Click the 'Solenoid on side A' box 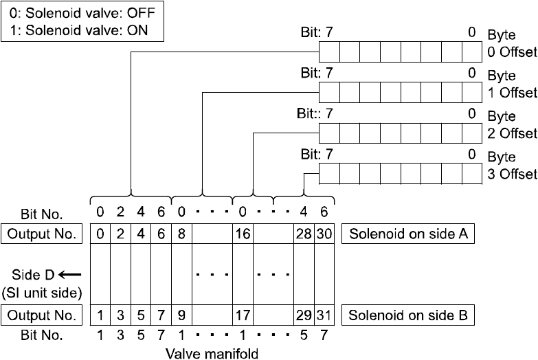click(408, 234)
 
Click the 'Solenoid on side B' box click(408, 315)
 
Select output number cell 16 click(243, 234)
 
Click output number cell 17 click(243, 315)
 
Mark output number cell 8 click(181, 234)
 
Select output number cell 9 click(181, 315)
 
